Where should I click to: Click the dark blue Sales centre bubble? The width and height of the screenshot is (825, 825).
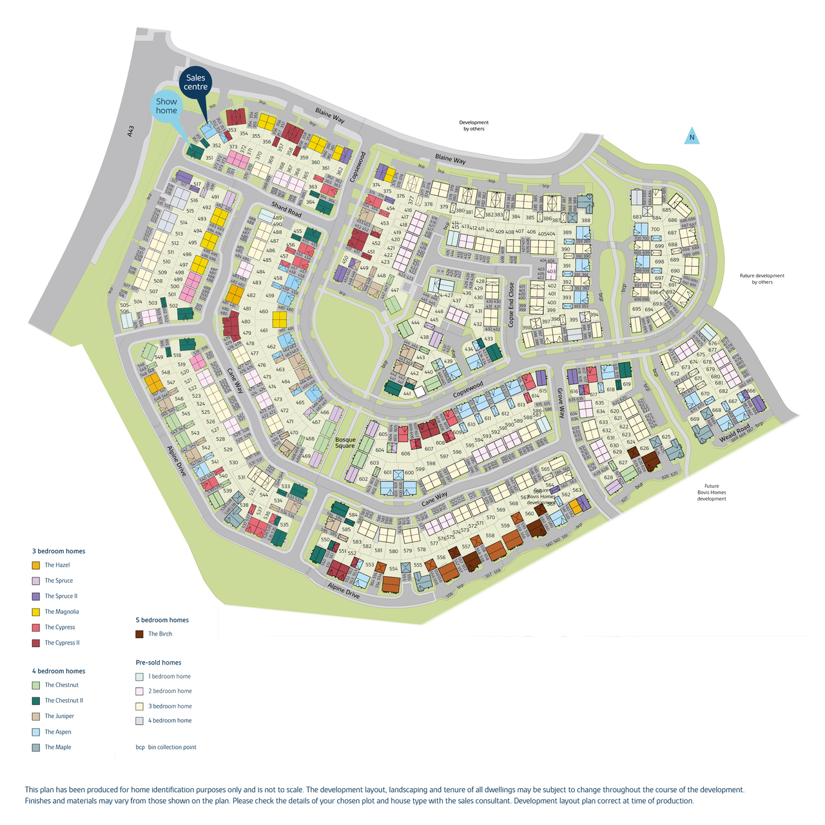[x=195, y=82]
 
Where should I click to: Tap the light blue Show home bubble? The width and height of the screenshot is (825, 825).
[x=166, y=106]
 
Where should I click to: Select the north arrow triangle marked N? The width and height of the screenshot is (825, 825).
[x=692, y=136]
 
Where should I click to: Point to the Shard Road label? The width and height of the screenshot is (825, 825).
[x=286, y=209]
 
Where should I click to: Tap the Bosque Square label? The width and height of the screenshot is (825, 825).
[x=345, y=443]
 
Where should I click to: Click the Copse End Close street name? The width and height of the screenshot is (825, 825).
[x=512, y=304]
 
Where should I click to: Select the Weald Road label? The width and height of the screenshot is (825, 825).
[x=735, y=434]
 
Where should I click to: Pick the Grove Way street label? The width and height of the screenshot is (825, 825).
[x=561, y=403]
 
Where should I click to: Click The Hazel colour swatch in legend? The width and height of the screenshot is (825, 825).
[x=36, y=565]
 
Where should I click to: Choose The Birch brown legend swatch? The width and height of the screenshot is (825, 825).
[x=139, y=634]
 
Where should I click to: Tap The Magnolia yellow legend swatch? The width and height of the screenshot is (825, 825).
[x=36, y=612]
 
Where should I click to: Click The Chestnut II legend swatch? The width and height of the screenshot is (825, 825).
[x=36, y=701]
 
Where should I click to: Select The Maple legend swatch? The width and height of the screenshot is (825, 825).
[x=36, y=748]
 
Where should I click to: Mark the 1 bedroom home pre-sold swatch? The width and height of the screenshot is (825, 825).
[x=139, y=677]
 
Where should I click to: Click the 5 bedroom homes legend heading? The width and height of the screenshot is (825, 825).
[x=162, y=620]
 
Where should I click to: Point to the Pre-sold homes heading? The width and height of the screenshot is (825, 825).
[x=159, y=663]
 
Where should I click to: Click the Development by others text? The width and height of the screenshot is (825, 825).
[x=474, y=126]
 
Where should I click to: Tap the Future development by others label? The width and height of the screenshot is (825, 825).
[x=762, y=279]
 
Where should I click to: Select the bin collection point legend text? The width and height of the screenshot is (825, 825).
[x=172, y=748]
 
